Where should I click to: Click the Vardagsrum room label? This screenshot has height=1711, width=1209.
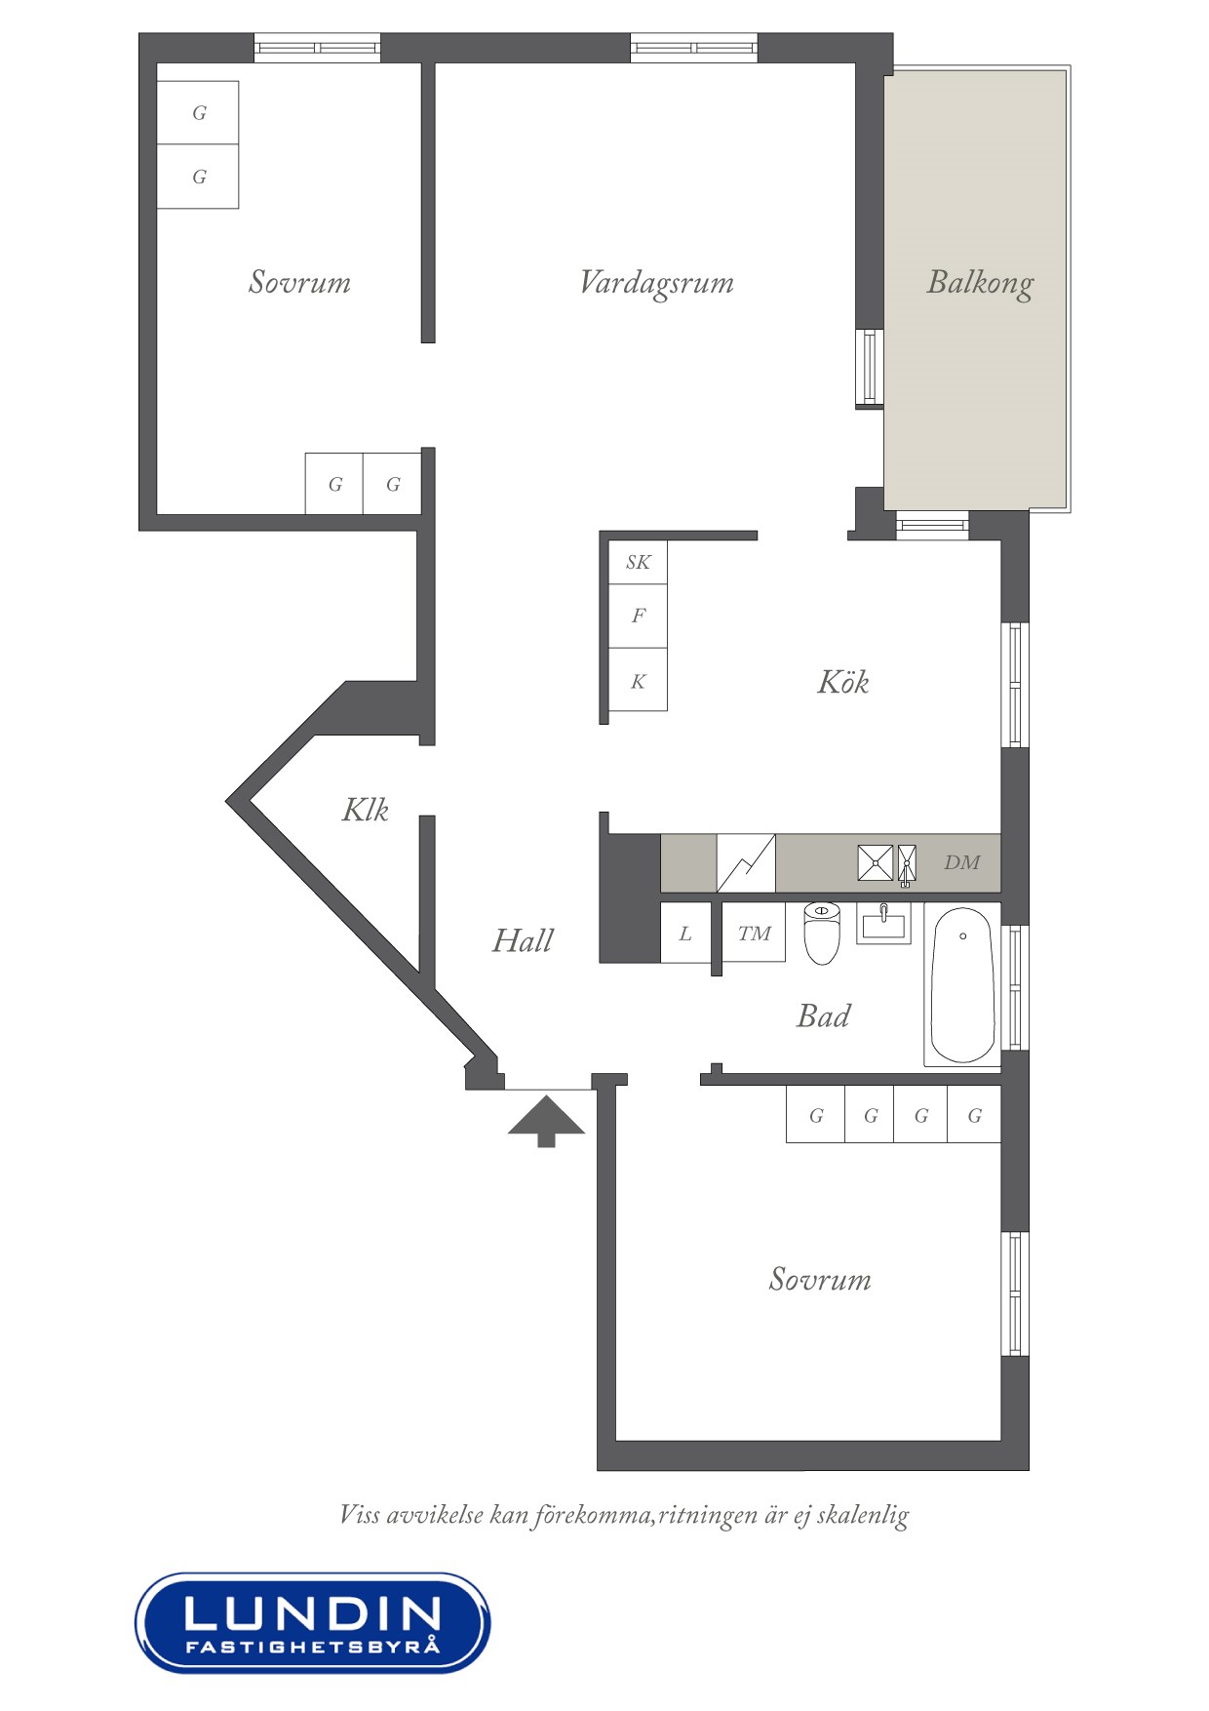point(656,283)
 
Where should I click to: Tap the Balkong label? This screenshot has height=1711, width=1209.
point(980,283)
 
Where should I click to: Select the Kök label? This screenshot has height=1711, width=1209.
point(842,682)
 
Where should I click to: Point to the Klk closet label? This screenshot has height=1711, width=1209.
point(366,810)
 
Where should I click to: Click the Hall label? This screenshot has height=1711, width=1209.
point(523,940)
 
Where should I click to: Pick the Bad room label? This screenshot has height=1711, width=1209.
point(823,1016)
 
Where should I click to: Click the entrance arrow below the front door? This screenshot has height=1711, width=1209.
point(546,1121)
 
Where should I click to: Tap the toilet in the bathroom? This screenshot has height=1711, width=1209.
point(822,933)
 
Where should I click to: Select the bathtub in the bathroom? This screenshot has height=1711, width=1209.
point(962,985)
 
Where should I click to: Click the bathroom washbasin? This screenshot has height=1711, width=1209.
point(883,923)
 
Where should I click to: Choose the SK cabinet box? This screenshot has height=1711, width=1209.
point(638,563)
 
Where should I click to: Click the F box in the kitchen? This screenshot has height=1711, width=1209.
point(638,617)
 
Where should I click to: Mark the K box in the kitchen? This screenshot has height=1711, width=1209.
point(638,680)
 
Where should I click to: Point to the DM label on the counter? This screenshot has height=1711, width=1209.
point(961,862)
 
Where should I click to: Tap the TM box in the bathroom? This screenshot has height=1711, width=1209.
point(754,934)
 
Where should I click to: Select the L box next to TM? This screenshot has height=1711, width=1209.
point(685,934)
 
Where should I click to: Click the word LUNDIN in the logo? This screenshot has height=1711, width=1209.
point(312,1614)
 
